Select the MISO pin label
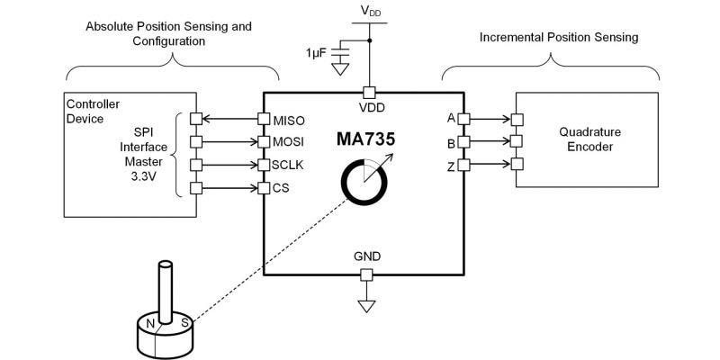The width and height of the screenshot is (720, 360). (x=289, y=119)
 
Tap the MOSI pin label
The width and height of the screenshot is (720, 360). (x=289, y=142)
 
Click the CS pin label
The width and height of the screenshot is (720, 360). (x=281, y=188)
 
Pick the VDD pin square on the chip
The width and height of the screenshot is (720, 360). (x=367, y=92)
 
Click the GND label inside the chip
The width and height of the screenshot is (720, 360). (x=366, y=256)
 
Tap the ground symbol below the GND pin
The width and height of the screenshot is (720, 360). (x=366, y=306)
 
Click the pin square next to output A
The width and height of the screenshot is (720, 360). (x=463, y=118)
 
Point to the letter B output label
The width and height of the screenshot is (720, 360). (x=451, y=142)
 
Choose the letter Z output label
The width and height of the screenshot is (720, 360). (x=451, y=166)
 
